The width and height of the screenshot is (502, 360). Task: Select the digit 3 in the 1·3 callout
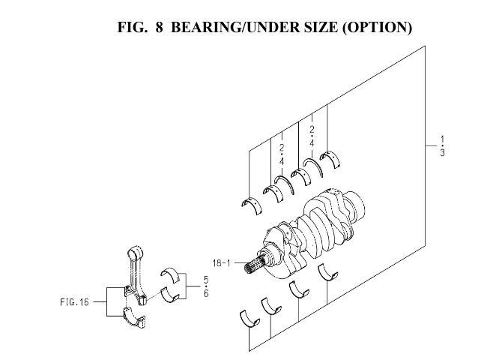(x=443, y=153)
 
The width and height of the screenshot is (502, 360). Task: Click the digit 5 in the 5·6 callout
(x=205, y=280)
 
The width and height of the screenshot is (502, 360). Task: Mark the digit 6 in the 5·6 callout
(x=205, y=293)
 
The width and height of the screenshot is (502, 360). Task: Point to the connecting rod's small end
(x=136, y=251)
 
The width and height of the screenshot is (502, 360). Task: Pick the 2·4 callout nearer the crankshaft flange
(x=312, y=134)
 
